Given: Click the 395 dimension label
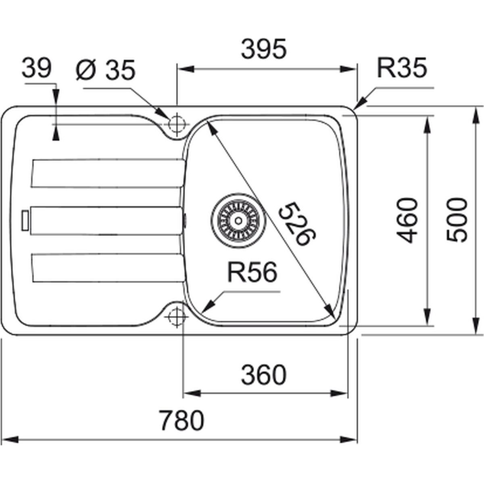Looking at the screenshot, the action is pos(264,49).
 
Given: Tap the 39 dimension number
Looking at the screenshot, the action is pos(37,68).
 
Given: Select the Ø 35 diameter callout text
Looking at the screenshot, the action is pos(106,70).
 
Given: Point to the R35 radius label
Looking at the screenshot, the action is pos(402,68).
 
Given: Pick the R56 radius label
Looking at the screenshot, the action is pos(252,272).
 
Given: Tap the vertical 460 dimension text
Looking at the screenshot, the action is pos(407,221).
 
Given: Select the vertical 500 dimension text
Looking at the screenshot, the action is pos(457,220).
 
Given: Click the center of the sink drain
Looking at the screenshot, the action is pos(238,221).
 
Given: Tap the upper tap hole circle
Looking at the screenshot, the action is pos(177,124).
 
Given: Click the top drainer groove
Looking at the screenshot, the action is pos(108,173).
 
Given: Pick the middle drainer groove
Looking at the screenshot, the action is pos(106,221).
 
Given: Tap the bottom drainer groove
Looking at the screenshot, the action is pos(108,268).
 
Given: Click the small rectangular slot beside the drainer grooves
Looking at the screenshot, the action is pos(25,221).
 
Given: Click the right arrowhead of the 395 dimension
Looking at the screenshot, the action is pos(348,69).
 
